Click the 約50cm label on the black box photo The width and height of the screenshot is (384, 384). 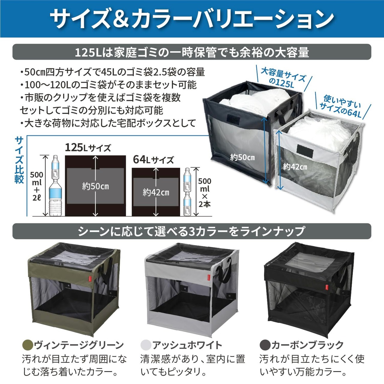coord(242,157)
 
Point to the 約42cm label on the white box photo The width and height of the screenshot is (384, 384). coord(295,167)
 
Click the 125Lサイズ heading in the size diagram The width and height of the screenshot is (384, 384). coord(88,148)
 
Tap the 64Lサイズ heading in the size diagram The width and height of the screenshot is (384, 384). coord(153,160)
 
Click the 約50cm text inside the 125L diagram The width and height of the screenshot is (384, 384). coord(95,186)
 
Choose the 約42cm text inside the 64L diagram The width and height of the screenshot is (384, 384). coord(156,192)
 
